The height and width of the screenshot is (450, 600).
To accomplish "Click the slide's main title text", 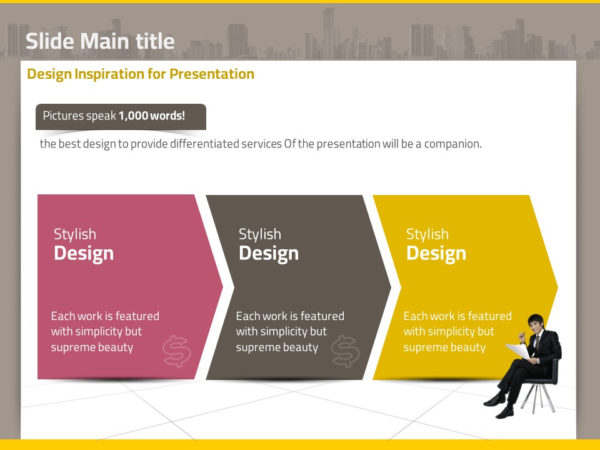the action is [100, 41].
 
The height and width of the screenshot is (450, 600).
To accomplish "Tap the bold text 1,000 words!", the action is [152, 116].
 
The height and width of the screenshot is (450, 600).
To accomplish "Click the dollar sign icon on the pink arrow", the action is [176, 351].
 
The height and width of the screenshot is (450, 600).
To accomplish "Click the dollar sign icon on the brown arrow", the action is [345, 351].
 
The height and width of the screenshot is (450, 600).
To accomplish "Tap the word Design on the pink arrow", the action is [84, 254].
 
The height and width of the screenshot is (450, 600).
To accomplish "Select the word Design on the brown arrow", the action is [269, 254].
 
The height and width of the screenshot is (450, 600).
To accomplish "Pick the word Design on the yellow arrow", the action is [436, 254].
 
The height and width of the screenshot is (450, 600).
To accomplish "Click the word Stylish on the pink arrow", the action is [75, 234].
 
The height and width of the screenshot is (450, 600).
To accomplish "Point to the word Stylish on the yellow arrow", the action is [427, 234].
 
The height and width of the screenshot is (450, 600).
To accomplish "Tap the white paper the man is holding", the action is [519, 351].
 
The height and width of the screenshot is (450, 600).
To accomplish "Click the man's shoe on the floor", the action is [494, 401].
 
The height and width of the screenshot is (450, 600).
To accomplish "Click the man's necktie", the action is [537, 342].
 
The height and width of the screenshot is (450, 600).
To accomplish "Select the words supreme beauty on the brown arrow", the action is [277, 347].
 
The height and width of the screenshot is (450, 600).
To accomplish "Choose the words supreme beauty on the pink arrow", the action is [92, 347].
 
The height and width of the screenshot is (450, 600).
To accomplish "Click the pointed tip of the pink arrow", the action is [222, 287].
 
